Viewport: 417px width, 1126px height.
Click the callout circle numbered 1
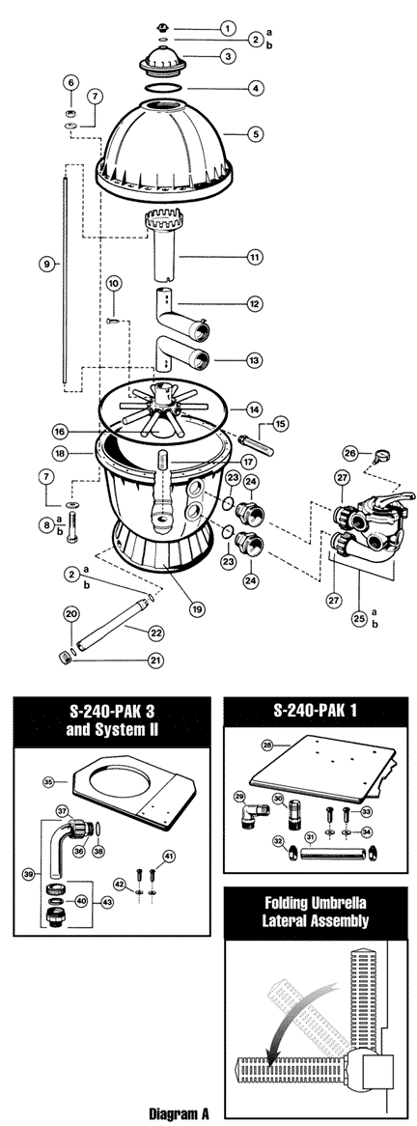[227, 29]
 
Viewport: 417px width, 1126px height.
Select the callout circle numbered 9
[46, 265]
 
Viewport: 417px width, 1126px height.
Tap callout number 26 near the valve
[349, 453]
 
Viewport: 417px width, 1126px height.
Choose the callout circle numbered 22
[156, 633]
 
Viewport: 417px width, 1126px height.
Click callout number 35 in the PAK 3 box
[49, 780]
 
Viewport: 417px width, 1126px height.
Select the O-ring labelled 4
[164, 88]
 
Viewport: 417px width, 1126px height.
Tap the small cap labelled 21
[63, 656]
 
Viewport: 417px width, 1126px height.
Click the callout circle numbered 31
[310, 837]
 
